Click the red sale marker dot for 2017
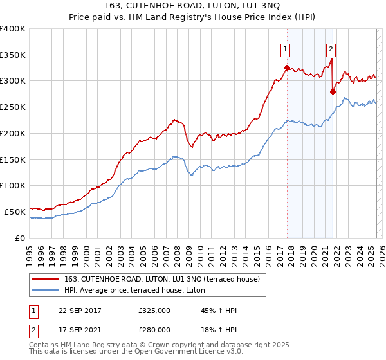pyautogui.click(x=287, y=67)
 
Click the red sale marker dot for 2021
pyautogui.click(x=333, y=91)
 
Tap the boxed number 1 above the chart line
pyautogui.click(x=284, y=48)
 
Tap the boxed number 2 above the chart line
pyautogui.click(x=331, y=48)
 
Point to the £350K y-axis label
pyautogui.click(x=13, y=55)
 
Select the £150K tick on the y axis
pyautogui.click(x=13, y=159)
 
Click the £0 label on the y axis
pyautogui.click(x=21, y=238)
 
